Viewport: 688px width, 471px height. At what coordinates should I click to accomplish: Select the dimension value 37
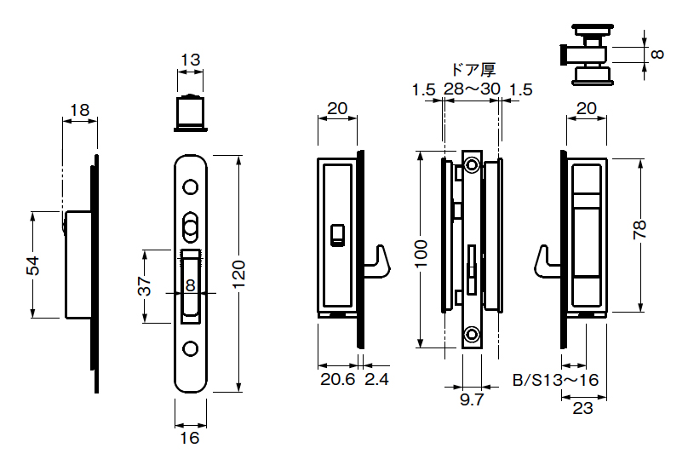point(144,286)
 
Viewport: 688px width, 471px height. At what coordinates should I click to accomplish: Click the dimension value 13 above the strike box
point(191,60)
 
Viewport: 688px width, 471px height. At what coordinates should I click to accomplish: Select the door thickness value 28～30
point(471,89)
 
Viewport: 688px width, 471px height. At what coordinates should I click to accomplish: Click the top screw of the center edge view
point(471,165)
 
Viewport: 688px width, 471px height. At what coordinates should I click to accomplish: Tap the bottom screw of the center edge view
point(470,335)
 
